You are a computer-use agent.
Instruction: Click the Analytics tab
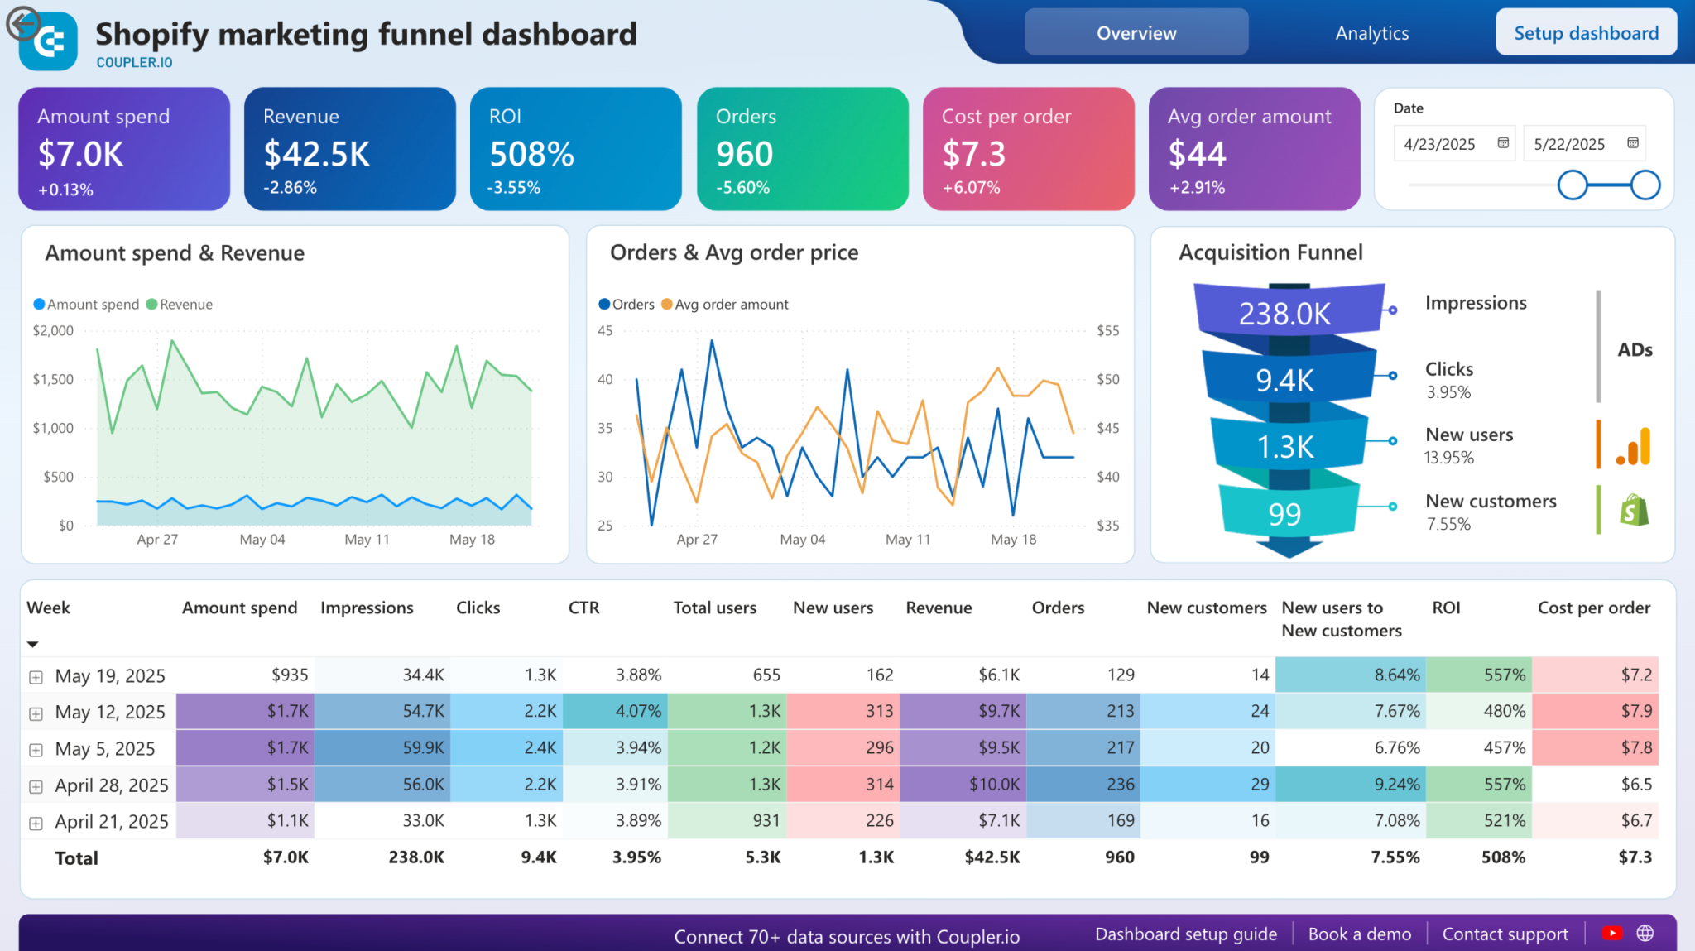tap(1371, 33)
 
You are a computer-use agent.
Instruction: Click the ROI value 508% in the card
tap(531, 154)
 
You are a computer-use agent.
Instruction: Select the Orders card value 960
tap(744, 154)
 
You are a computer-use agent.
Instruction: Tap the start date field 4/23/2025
tap(1440, 144)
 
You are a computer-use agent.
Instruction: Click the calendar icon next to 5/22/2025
tap(1632, 143)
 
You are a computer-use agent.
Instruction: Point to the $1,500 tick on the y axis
tap(53, 379)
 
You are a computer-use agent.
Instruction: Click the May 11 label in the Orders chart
tap(908, 540)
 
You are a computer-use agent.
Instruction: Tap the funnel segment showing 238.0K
tap(1284, 314)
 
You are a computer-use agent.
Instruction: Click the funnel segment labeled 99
tap(1284, 514)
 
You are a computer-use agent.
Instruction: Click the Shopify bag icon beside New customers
tap(1634, 510)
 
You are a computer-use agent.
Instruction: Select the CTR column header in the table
tap(583, 608)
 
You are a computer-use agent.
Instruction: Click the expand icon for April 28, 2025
tap(36, 786)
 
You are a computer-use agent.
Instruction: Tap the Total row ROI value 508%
tap(1502, 857)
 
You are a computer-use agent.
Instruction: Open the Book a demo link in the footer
tap(1359, 934)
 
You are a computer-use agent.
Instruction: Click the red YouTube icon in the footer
tap(1611, 934)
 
